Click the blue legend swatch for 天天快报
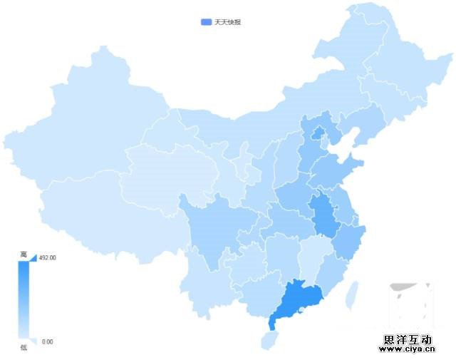[207, 22]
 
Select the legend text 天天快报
[228, 22]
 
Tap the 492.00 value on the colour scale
[48, 257]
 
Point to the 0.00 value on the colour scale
[47, 341]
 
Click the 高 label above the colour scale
[24, 254]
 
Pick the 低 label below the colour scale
[24, 346]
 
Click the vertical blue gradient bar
[24, 299]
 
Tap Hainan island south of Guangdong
[270, 340]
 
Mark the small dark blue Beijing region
[318, 133]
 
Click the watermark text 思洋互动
[408, 340]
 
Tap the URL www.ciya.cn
[406, 350]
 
